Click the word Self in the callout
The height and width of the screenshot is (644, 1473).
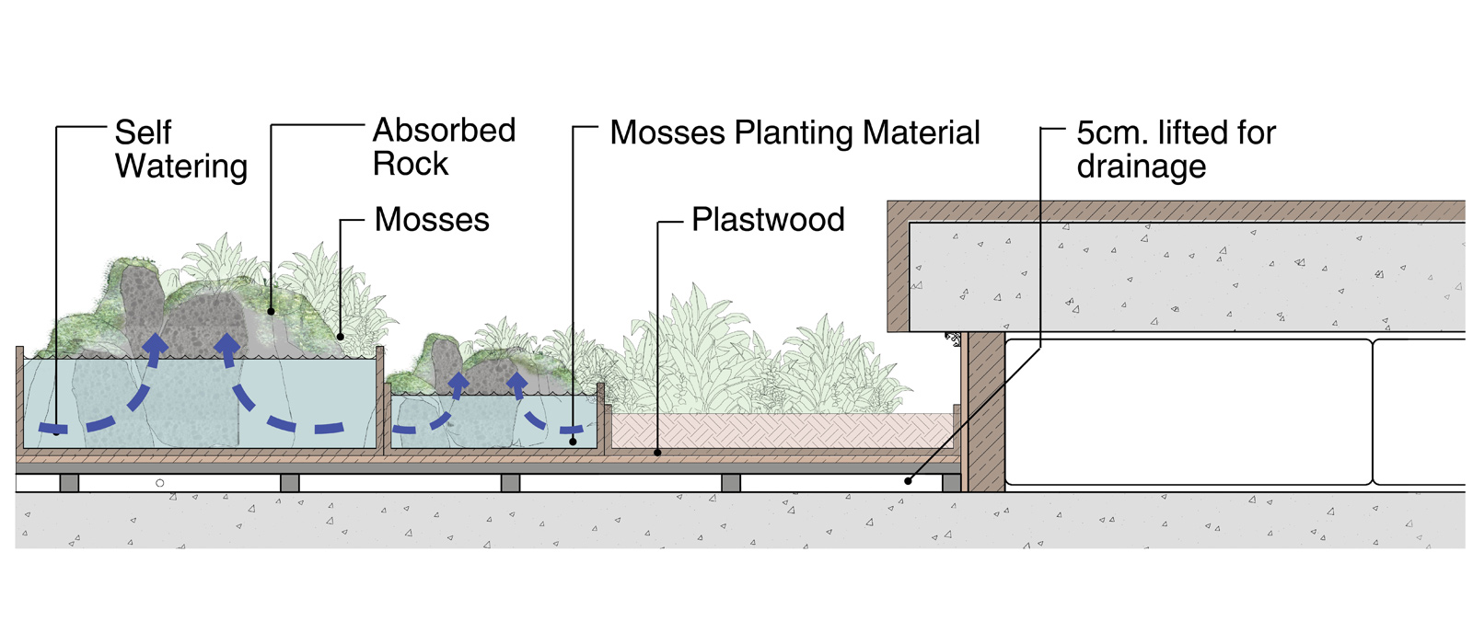point(143,132)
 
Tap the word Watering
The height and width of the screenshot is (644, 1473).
point(181,167)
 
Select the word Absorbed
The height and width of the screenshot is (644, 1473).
point(444,131)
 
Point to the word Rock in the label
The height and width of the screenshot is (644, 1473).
point(411,165)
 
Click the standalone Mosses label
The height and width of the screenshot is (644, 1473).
point(432,220)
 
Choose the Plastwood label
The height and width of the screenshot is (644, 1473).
point(768,220)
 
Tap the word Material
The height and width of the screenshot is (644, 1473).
point(921,132)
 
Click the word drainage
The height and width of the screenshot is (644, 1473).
point(1142,167)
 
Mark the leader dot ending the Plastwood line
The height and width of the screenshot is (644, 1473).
point(657,453)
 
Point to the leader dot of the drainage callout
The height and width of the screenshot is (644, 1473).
point(908,480)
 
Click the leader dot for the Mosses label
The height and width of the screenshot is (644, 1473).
point(341,337)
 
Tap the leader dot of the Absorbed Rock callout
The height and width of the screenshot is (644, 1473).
point(272,312)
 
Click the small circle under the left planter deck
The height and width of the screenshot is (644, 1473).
point(160,483)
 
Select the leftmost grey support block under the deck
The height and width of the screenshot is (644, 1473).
point(69,483)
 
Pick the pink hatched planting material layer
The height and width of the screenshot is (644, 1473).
point(783,431)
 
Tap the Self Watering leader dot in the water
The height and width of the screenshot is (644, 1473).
point(57,431)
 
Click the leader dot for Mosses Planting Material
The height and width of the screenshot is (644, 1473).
point(573,442)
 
